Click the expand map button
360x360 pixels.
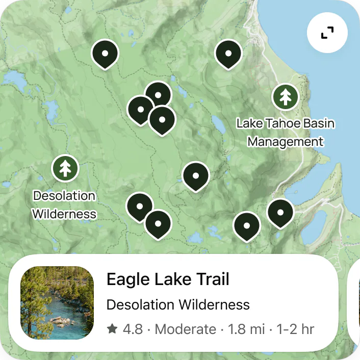(327, 33)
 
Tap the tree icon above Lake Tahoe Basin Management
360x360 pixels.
(285, 96)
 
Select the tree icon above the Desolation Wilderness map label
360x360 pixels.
(65, 168)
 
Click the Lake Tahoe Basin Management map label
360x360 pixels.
(286, 133)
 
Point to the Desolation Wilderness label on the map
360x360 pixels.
(64, 204)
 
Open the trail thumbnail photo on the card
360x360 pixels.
(57, 303)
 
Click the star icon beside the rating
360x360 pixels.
(112, 329)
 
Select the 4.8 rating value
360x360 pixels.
(133, 329)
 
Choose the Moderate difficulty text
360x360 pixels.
(186, 329)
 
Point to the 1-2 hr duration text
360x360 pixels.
(295, 329)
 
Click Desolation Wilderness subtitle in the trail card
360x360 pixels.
(178, 305)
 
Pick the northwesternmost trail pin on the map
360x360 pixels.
(105, 53)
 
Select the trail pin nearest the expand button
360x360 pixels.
(228, 53)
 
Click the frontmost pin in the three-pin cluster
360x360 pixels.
(162, 119)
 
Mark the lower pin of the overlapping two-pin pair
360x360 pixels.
(158, 223)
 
